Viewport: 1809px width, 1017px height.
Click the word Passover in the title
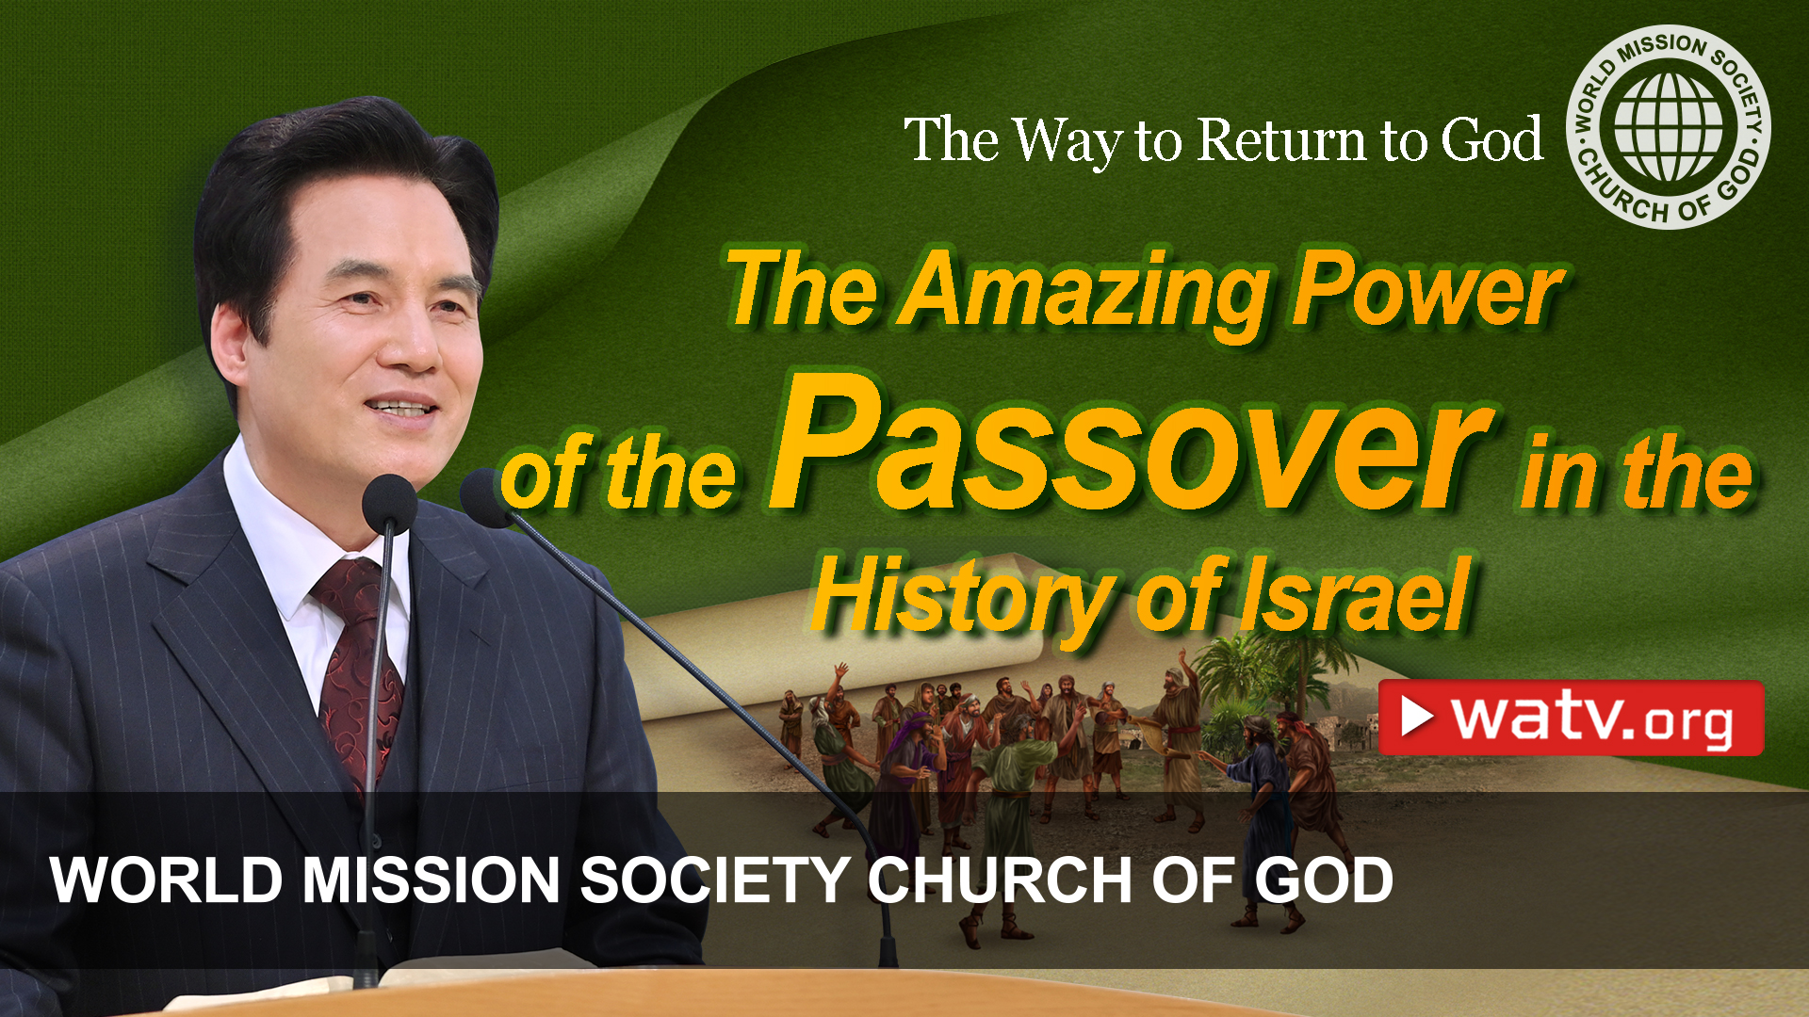point(1131,447)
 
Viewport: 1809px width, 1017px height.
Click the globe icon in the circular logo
point(1668,127)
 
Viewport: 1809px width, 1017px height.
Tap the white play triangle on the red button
point(1416,717)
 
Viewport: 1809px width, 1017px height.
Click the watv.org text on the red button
point(1592,719)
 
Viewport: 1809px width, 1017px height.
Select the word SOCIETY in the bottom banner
point(715,880)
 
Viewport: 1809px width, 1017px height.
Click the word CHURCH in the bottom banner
point(999,880)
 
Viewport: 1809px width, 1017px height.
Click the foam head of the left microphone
point(388,499)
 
